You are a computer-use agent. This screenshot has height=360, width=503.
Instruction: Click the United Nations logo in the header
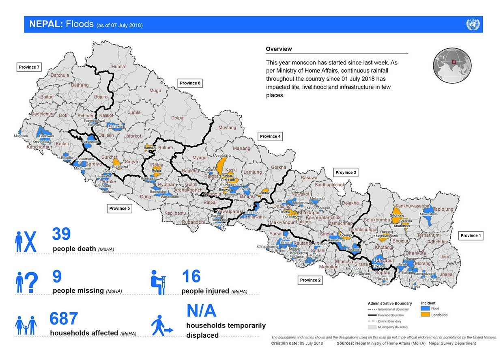coord(472,24)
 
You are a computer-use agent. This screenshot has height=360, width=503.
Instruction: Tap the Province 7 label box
coord(29,67)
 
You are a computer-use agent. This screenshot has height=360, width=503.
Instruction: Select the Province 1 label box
coord(471,235)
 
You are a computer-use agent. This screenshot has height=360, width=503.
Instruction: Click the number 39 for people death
coord(61,234)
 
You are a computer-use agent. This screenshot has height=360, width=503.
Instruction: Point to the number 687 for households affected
coord(64,319)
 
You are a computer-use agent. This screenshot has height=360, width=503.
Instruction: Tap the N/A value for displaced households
coord(201,310)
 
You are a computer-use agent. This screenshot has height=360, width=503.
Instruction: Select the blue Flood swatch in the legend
coord(425,308)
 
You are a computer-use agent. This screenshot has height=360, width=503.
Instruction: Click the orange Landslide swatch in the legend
coord(425,315)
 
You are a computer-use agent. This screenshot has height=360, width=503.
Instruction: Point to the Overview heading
coord(279,49)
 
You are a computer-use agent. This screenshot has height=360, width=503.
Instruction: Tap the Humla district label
coord(118,67)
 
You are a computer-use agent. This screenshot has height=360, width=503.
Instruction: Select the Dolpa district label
coord(177,118)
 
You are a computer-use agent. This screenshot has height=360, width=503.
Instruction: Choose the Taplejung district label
coord(443,209)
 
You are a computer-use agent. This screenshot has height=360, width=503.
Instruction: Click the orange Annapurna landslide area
coord(221,166)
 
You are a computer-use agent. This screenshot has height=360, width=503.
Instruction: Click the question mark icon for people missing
coord(27,282)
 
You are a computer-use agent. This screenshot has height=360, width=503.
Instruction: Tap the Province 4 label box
coord(270,136)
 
